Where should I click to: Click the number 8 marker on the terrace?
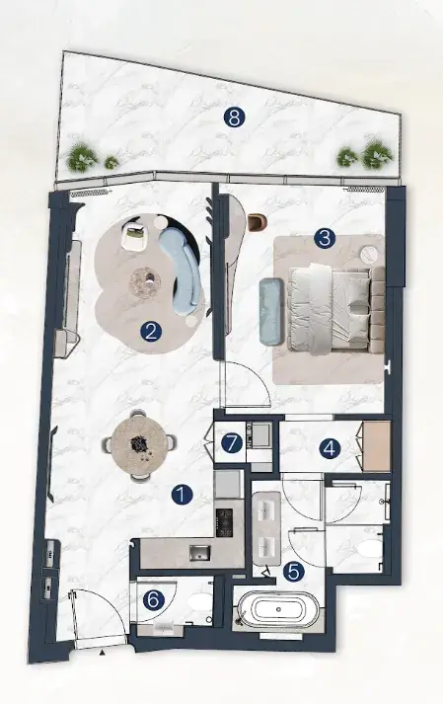pyautogui.click(x=234, y=118)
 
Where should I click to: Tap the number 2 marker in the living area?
pyautogui.click(x=150, y=332)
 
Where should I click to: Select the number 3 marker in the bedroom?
pyautogui.click(x=325, y=238)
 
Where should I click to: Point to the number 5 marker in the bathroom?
pyautogui.click(x=294, y=572)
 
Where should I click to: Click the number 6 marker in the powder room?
pyautogui.click(x=153, y=600)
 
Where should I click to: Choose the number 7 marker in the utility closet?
pyautogui.click(x=232, y=444)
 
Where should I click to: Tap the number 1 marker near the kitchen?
pyautogui.click(x=182, y=495)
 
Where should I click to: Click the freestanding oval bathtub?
pyautogui.click(x=279, y=609)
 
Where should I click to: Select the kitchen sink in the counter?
pyautogui.click(x=199, y=553)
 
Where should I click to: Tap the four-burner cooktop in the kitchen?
pyautogui.click(x=224, y=522)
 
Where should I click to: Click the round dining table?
pyautogui.click(x=139, y=445)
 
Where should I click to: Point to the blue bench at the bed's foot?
pyautogui.click(x=271, y=311)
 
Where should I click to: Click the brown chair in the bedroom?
pyautogui.click(x=257, y=222)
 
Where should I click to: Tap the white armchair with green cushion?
pyautogui.click(x=134, y=236)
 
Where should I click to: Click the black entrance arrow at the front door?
pyautogui.click(x=102, y=652)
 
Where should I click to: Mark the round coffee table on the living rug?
pyautogui.click(x=145, y=282)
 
